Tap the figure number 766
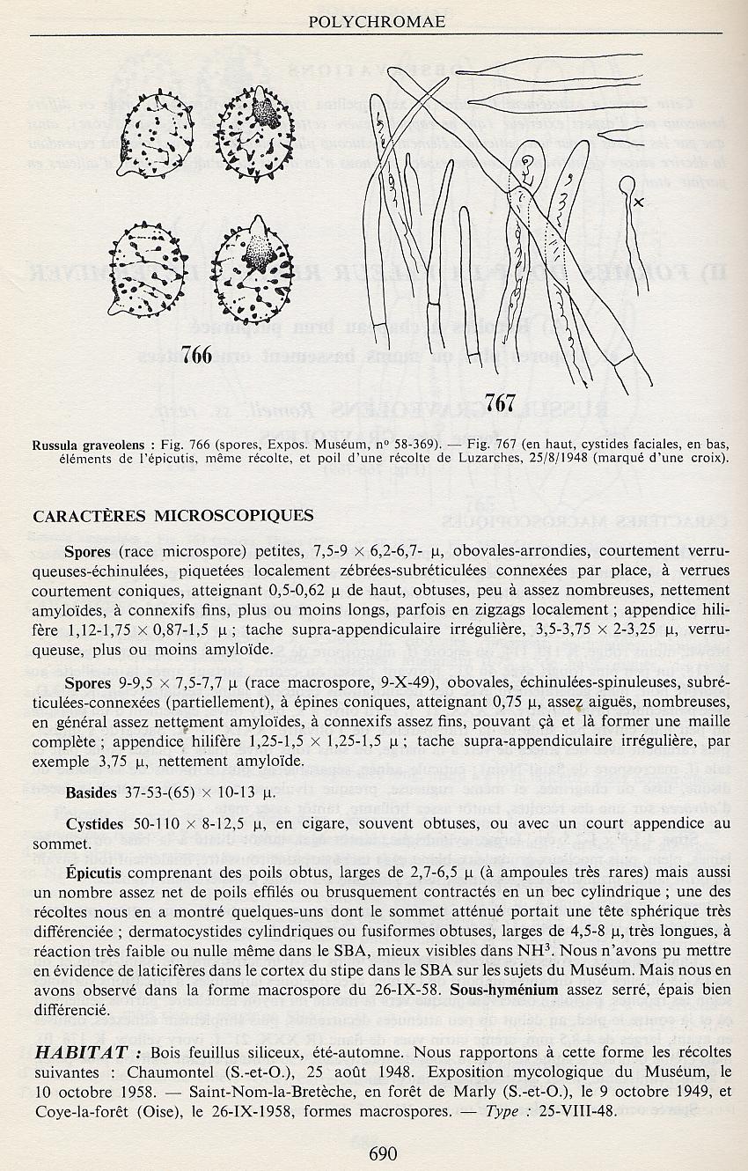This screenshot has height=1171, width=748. point(196,354)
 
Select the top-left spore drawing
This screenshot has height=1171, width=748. point(155,137)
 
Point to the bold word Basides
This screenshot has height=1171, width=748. point(91,792)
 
